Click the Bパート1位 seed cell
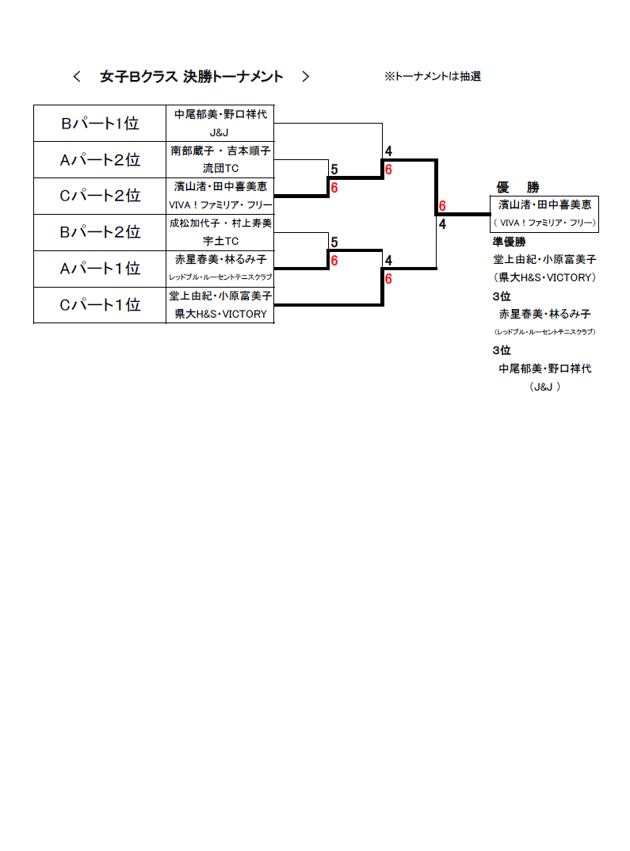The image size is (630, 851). [100, 124]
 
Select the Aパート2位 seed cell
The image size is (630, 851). [100, 160]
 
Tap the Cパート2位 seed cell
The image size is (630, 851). [100, 196]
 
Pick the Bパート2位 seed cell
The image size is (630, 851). [100, 232]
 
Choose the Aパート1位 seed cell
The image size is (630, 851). [100, 269]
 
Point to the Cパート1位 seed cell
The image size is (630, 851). [100, 305]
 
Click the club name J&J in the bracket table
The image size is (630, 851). [220, 132]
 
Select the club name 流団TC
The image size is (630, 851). [220, 168]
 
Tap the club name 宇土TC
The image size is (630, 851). [220, 241]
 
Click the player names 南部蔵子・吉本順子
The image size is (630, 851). [220, 151]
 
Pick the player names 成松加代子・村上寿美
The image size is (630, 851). [220, 223]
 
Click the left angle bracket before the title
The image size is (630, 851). [77, 77]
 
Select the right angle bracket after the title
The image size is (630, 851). [306, 77]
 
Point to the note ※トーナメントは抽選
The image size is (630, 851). [433, 77]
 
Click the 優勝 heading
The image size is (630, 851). [517, 187]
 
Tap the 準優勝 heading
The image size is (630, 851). [509, 242]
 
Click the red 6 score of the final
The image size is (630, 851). [442, 206]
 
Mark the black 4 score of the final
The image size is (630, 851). [442, 224]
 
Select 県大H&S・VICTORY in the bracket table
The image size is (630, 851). [220, 315]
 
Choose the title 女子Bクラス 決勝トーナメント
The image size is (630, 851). [191, 77]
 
